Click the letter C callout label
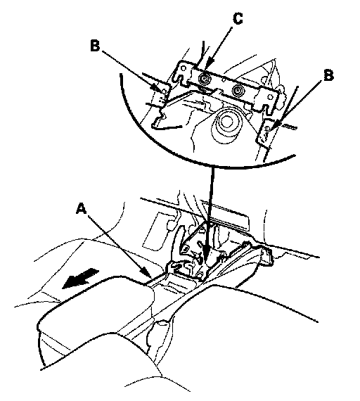[x=238, y=19]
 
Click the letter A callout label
[x=82, y=208]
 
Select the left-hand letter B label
[x=95, y=46]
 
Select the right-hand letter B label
[x=328, y=75]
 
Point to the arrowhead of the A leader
[x=146, y=272]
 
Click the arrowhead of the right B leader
[x=275, y=125]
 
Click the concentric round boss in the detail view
[x=226, y=121]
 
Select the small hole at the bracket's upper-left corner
[x=184, y=68]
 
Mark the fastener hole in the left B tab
[x=165, y=91]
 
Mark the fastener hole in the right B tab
[x=268, y=128]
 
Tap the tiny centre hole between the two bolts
[x=224, y=79]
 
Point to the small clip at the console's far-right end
[x=268, y=255]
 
